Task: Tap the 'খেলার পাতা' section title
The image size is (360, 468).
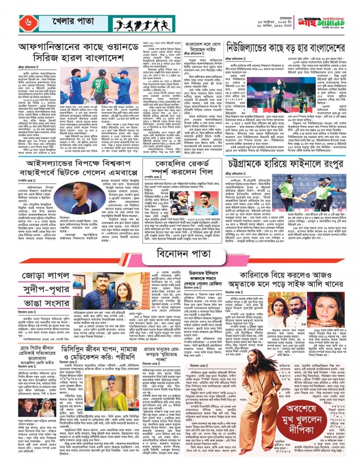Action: (x=55, y=24)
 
